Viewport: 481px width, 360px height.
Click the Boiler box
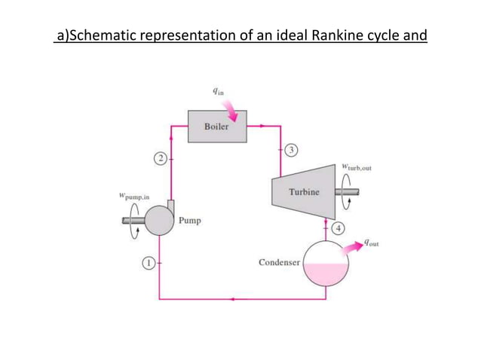(216, 127)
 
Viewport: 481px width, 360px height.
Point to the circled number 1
(149, 263)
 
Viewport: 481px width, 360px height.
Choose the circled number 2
(160, 158)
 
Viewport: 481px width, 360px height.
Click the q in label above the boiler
(219, 92)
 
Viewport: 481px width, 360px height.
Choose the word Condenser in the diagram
(279, 263)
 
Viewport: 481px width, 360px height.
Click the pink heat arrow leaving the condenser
(352, 249)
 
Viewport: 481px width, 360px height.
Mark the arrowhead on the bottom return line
(235, 299)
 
